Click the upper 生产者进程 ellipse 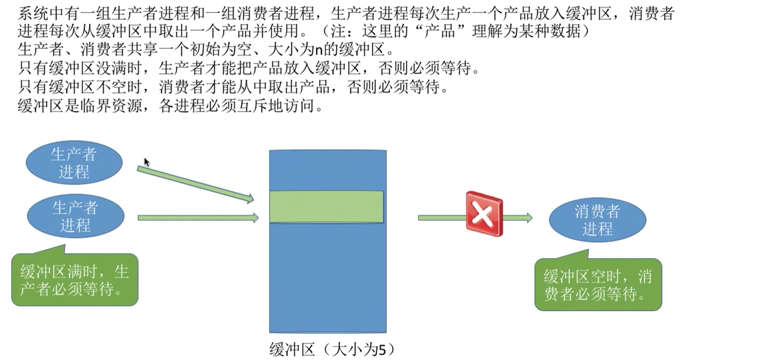[x=74, y=163]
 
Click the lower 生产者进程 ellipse [x=76, y=216]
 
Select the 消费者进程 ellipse [x=597, y=220]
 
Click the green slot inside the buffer [x=326, y=207]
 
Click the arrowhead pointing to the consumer [x=529, y=217]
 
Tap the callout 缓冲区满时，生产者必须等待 [x=75, y=280]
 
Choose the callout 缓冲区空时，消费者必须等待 [x=598, y=285]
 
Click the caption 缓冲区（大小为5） [x=332, y=349]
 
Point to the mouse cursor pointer [x=146, y=162]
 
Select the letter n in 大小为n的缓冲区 [x=319, y=50]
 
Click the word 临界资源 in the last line [x=111, y=106]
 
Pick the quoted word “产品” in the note [x=439, y=32]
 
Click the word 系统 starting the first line [x=33, y=13]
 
